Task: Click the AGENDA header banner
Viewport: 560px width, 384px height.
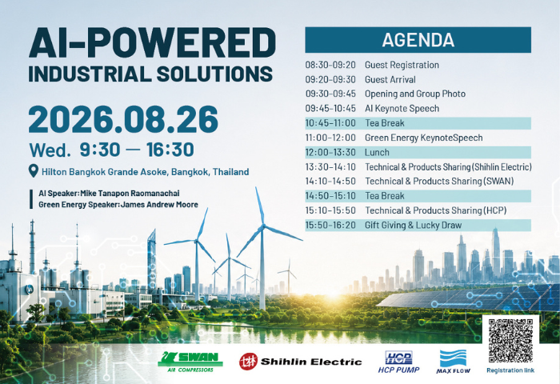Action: point(418,40)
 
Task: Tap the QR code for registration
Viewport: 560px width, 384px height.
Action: point(510,341)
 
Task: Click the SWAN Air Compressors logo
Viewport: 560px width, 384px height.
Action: point(190,362)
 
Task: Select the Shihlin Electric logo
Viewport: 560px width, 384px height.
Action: point(300,362)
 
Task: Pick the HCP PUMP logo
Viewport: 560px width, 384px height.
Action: point(398,362)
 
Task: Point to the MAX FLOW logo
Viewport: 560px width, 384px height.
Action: point(453,362)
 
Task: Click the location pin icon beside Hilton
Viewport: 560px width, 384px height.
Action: point(34,171)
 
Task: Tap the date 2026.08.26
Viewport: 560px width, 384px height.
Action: point(123,119)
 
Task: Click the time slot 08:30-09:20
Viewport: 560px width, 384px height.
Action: point(330,65)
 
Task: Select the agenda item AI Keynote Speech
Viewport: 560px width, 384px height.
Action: point(402,109)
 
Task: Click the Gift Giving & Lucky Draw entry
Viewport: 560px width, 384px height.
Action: point(414,225)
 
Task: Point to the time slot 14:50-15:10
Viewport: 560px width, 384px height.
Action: point(330,196)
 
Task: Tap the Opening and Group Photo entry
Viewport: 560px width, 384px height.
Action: point(415,94)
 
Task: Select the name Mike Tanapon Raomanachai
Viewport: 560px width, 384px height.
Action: point(130,194)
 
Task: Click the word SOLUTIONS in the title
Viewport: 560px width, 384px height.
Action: point(214,74)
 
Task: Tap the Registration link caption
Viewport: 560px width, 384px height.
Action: point(510,370)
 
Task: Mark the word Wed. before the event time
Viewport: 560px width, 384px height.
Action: point(50,150)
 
